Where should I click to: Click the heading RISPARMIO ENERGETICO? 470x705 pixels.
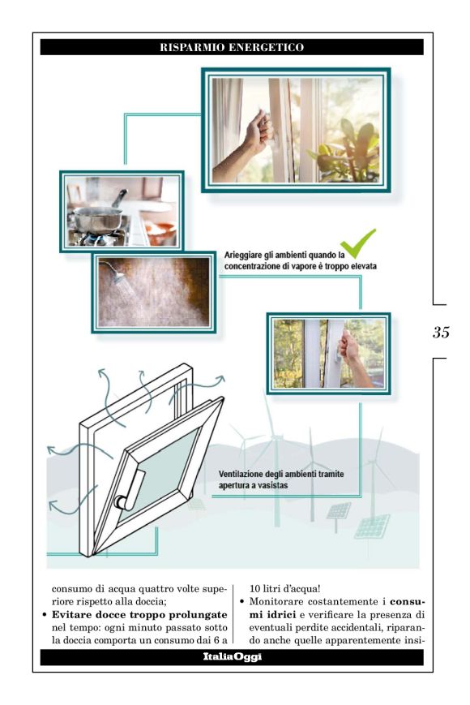[x=232, y=47]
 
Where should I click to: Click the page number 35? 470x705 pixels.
[x=441, y=332]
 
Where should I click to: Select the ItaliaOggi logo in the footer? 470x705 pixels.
[x=232, y=657]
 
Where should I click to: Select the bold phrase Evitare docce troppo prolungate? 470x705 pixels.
[x=139, y=615]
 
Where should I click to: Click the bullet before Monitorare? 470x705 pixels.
[x=242, y=602]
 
